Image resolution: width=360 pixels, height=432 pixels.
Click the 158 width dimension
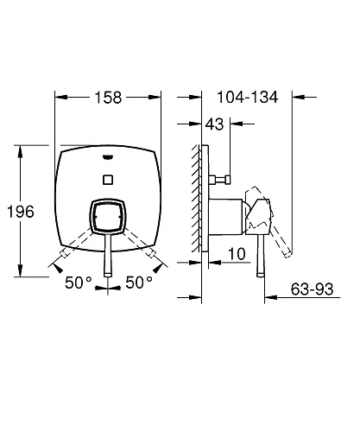point(108,98)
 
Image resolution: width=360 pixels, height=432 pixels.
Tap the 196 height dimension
point(21,212)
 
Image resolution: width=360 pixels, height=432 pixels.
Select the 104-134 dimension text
point(248,97)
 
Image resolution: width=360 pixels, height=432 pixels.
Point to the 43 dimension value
point(214,124)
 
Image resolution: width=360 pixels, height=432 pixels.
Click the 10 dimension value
point(237,254)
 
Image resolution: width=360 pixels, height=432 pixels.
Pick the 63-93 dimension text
point(312,289)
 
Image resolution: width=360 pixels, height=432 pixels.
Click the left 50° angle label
point(79,283)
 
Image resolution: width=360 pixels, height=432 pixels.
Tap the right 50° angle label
point(139,283)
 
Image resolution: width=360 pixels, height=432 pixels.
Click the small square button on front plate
point(108,180)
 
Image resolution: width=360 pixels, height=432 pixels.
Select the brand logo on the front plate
point(108,157)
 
